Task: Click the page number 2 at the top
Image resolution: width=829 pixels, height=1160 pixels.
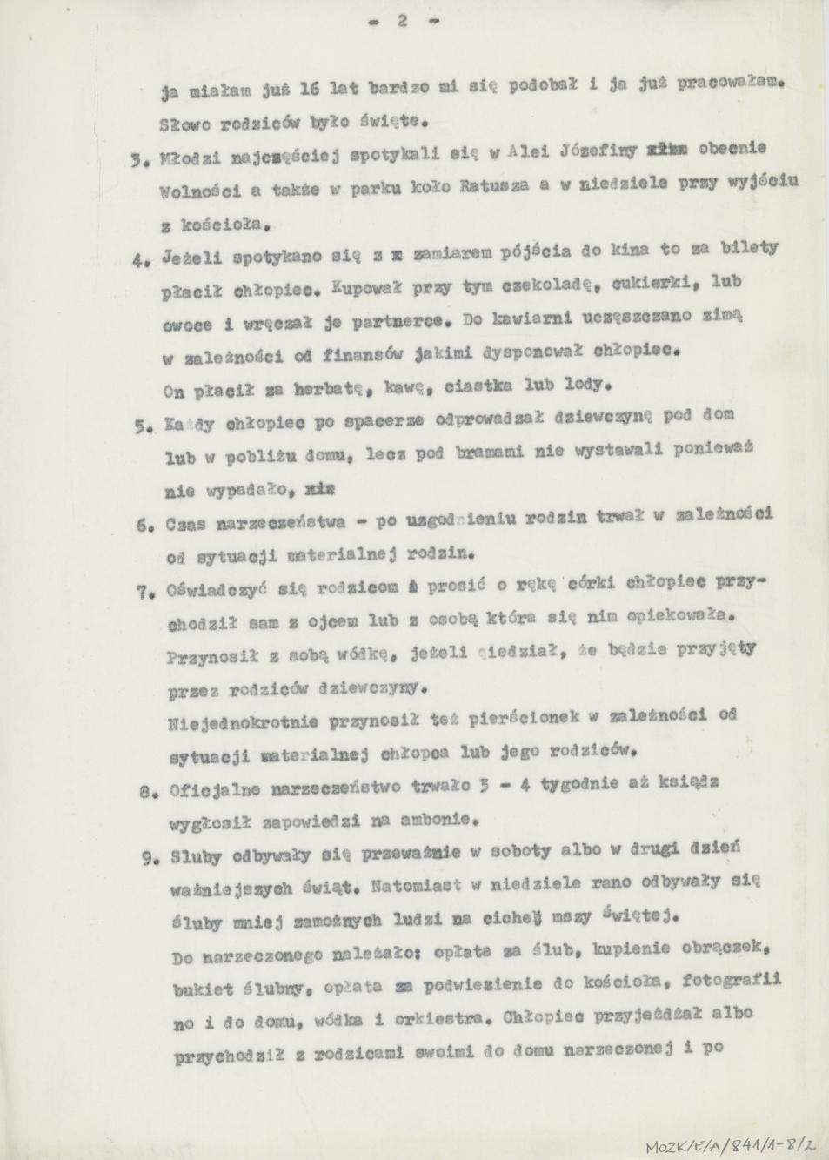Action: pyautogui.click(x=403, y=22)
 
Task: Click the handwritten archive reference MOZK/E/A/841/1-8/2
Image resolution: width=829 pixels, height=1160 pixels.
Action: pyautogui.click(x=732, y=1141)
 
